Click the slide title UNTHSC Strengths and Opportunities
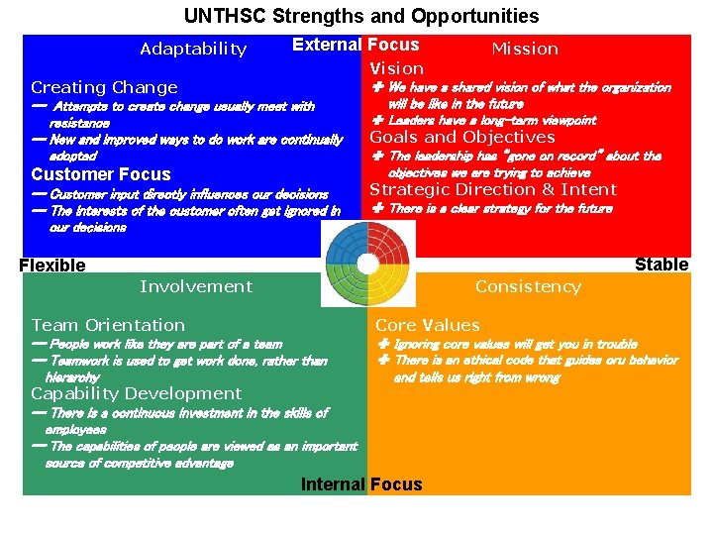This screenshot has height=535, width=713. click(x=361, y=16)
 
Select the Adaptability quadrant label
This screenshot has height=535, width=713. click(x=193, y=49)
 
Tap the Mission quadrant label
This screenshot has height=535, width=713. click(x=525, y=49)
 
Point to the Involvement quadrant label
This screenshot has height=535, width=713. click(x=196, y=286)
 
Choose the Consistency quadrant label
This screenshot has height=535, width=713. click(x=528, y=286)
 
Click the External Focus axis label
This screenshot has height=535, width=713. click(x=356, y=45)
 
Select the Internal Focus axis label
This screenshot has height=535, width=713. click(x=361, y=484)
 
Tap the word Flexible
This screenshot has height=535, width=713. click(x=52, y=265)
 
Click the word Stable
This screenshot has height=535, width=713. click(x=661, y=264)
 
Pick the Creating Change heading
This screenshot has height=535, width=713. click(x=104, y=87)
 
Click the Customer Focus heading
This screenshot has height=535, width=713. click(x=101, y=175)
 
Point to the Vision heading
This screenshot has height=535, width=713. click(x=396, y=68)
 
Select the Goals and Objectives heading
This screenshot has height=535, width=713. click(x=462, y=138)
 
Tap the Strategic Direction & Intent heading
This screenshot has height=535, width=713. click(x=493, y=189)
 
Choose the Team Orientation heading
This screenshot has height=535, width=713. click(x=108, y=325)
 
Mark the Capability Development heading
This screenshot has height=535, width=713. click(x=137, y=393)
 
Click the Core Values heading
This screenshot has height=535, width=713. click(x=427, y=325)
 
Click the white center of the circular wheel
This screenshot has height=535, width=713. click(x=366, y=264)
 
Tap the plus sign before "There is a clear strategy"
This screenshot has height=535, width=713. click(x=377, y=208)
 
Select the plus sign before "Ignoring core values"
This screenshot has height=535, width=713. click(x=383, y=344)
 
